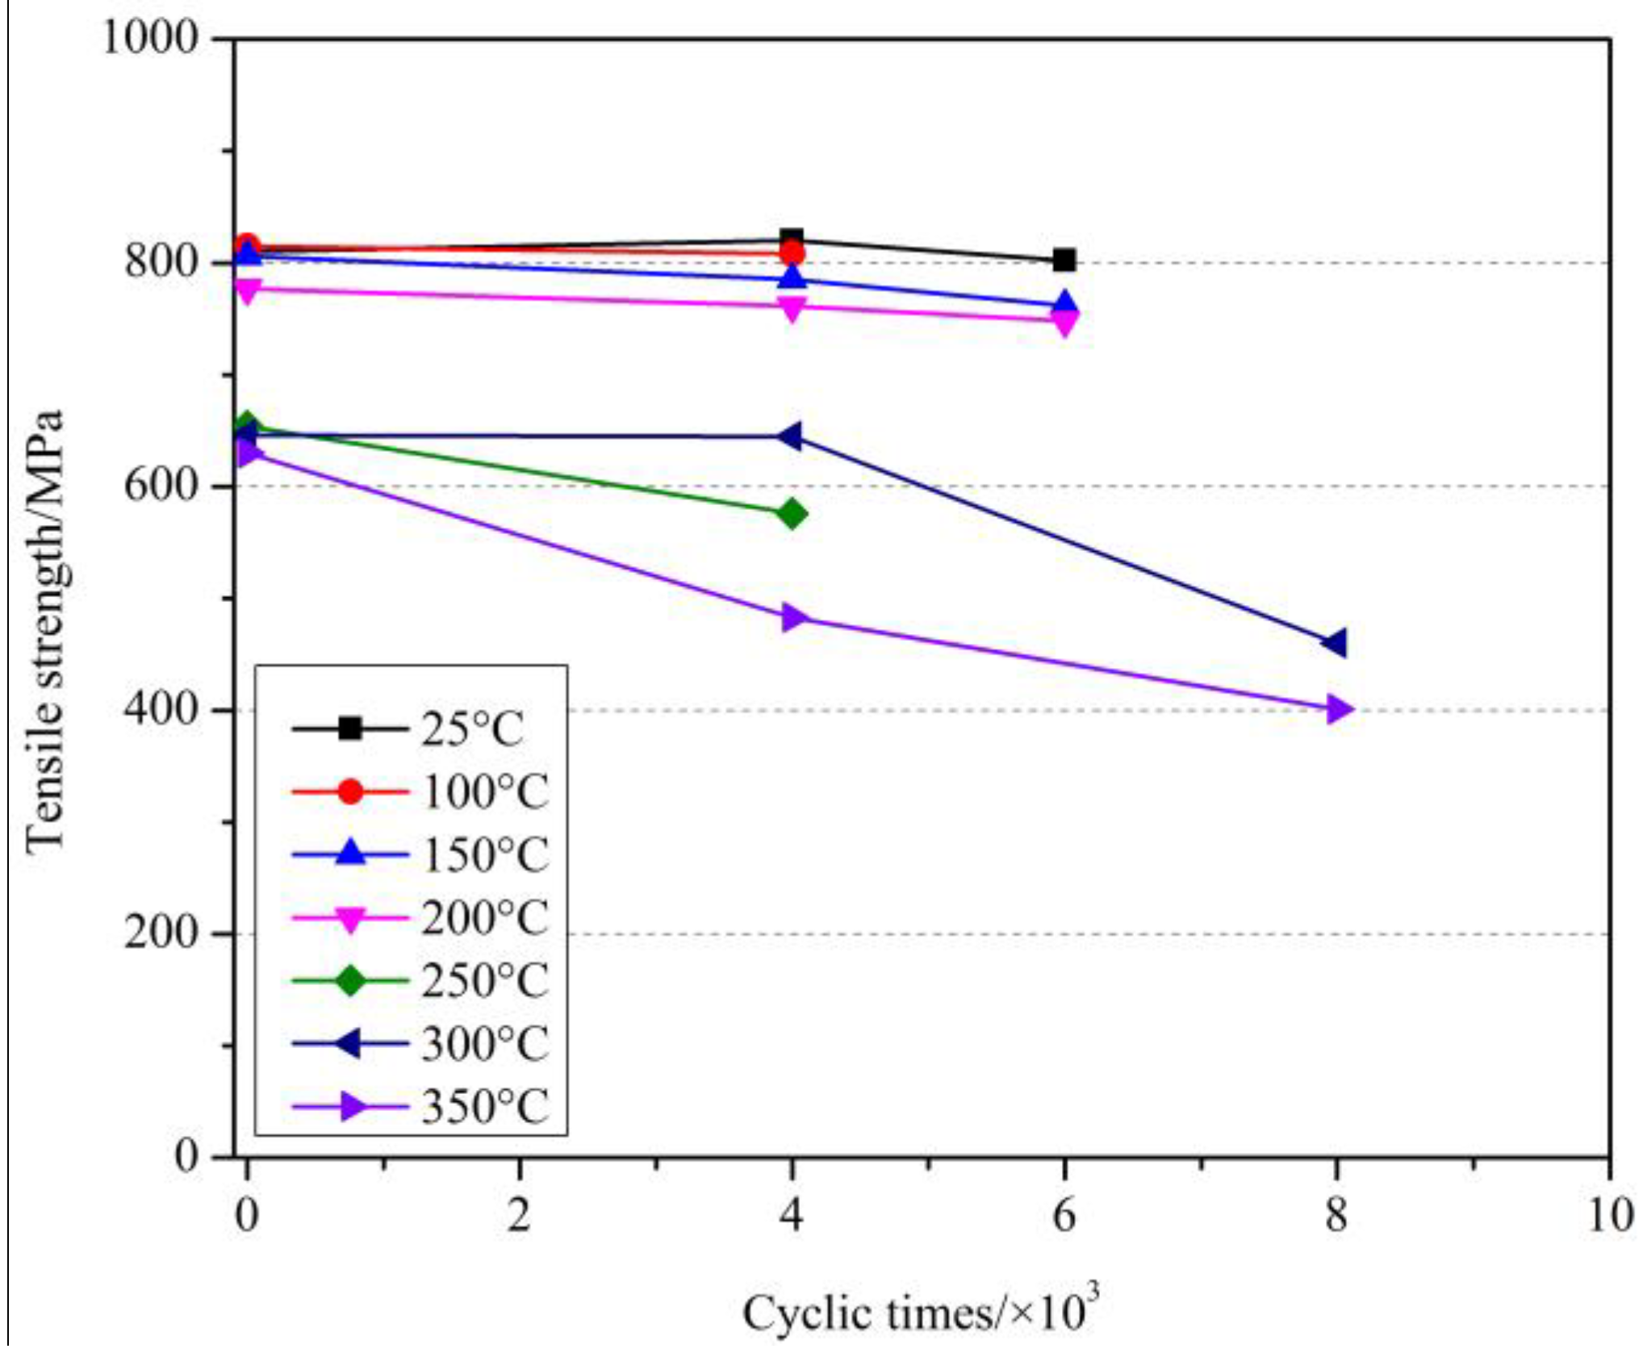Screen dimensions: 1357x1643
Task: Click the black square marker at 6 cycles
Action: point(1064,261)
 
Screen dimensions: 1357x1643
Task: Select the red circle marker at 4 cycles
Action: point(792,254)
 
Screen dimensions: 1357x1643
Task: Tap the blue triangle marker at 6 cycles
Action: point(1064,305)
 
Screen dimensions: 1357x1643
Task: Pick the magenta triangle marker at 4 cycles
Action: point(792,307)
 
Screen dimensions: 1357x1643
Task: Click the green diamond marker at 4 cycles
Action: point(792,514)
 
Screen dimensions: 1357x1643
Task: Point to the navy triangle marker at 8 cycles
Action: point(1336,643)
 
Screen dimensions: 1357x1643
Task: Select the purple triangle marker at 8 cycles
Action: point(1338,710)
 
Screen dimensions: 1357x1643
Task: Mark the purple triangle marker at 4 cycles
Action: point(794,619)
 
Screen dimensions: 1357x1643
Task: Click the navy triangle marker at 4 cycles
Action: point(791,437)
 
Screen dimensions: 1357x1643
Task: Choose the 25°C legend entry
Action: point(472,729)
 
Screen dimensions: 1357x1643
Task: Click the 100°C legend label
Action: point(484,792)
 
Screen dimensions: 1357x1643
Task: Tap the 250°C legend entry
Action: point(484,981)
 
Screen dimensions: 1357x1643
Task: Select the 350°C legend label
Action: point(484,1107)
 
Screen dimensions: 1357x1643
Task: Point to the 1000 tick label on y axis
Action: point(150,38)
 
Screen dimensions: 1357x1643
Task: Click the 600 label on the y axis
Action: point(161,486)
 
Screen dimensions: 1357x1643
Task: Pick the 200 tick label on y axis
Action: point(161,933)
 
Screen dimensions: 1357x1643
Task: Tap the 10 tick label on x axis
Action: point(1609,1215)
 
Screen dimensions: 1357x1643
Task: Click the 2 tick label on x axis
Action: point(519,1215)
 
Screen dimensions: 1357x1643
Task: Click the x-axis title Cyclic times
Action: point(920,1313)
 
